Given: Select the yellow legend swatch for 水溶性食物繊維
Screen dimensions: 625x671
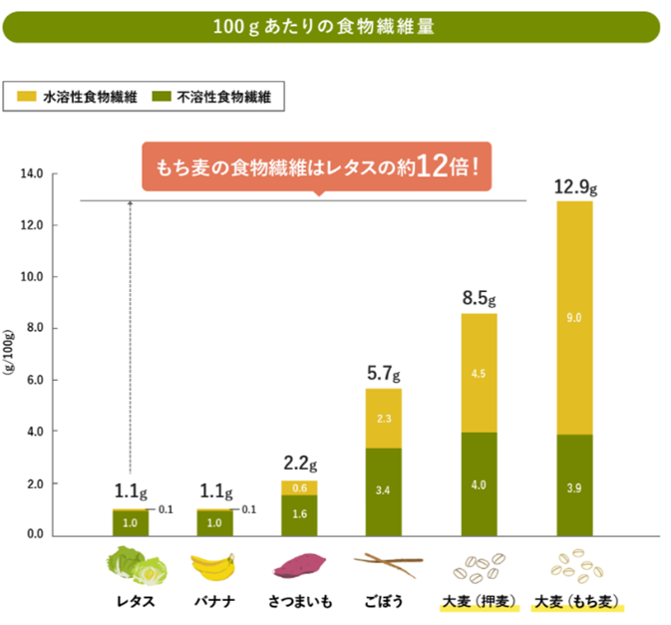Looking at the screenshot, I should [27, 97].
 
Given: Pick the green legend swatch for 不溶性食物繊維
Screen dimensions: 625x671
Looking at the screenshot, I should [163, 97].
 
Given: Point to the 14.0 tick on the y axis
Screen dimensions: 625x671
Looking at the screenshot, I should [32, 173].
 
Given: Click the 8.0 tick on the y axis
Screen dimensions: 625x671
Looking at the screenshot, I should [35, 328].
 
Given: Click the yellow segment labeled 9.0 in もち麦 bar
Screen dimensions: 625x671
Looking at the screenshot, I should [573, 317].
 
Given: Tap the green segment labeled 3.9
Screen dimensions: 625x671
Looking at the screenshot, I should [573, 484].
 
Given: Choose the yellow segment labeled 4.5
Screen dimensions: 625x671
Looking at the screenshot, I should [479, 373].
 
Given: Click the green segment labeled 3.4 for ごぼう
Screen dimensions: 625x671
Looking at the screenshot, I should [384, 490].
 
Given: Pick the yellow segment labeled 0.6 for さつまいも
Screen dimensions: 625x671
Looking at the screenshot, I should [299, 487].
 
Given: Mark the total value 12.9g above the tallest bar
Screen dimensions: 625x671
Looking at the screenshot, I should [574, 186].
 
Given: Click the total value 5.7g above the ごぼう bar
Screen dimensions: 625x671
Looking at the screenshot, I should [384, 374].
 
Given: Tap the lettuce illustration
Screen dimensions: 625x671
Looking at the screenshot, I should [135, 565].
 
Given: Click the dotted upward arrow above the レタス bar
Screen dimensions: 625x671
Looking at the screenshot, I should [131, 339].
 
